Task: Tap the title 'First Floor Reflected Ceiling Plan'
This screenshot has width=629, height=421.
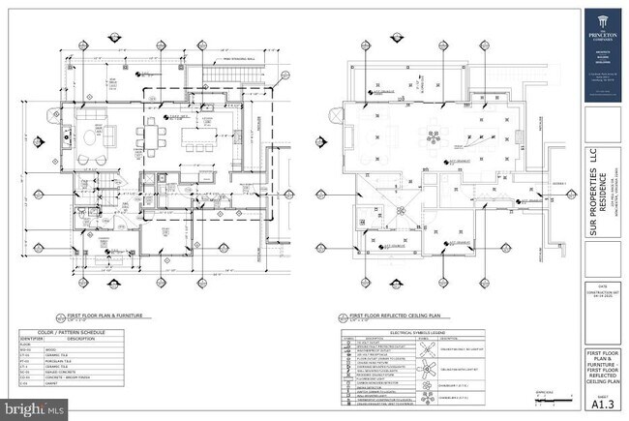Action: [388, 315]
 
